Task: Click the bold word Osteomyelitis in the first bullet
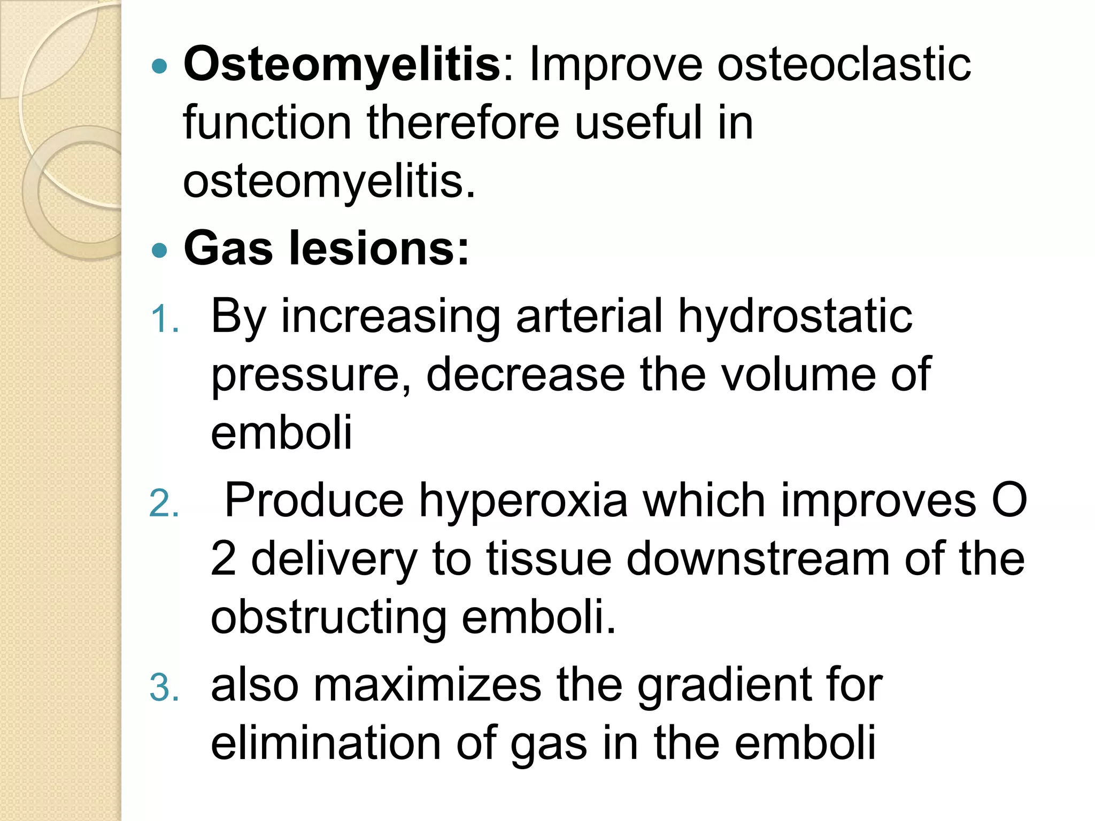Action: [341, 65]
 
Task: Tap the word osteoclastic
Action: [844, 65]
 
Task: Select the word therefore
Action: [463, 123]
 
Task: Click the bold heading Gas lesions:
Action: [326, 249]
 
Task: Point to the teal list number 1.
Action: [164, 321]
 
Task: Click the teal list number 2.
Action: [164, 504]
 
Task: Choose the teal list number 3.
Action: [164, 688]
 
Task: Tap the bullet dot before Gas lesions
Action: [159, 250]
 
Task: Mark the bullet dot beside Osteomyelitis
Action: [159, 66]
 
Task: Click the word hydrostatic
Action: [795, 316]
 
